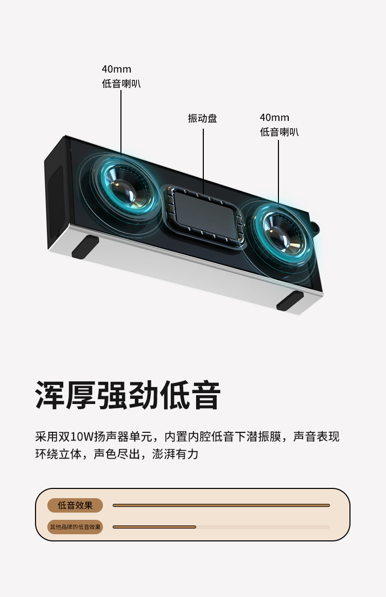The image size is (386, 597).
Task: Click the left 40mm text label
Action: click(116, 69)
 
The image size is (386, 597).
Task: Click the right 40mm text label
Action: click(274, 118)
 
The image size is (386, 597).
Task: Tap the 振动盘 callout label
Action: click(202, 118)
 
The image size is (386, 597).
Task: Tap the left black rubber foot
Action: click(85, 247)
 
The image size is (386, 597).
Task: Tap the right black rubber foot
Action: click(290, 301)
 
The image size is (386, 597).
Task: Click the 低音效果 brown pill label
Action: click(75, 505)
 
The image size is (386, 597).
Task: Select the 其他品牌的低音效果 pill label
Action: click(75, 527)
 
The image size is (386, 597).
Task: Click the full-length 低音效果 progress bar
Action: click(221, 505)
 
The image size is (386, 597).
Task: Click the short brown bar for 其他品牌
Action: click(154, 527)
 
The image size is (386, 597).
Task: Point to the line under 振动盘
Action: click(203, 154)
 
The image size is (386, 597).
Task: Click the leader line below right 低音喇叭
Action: click(279, 170)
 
